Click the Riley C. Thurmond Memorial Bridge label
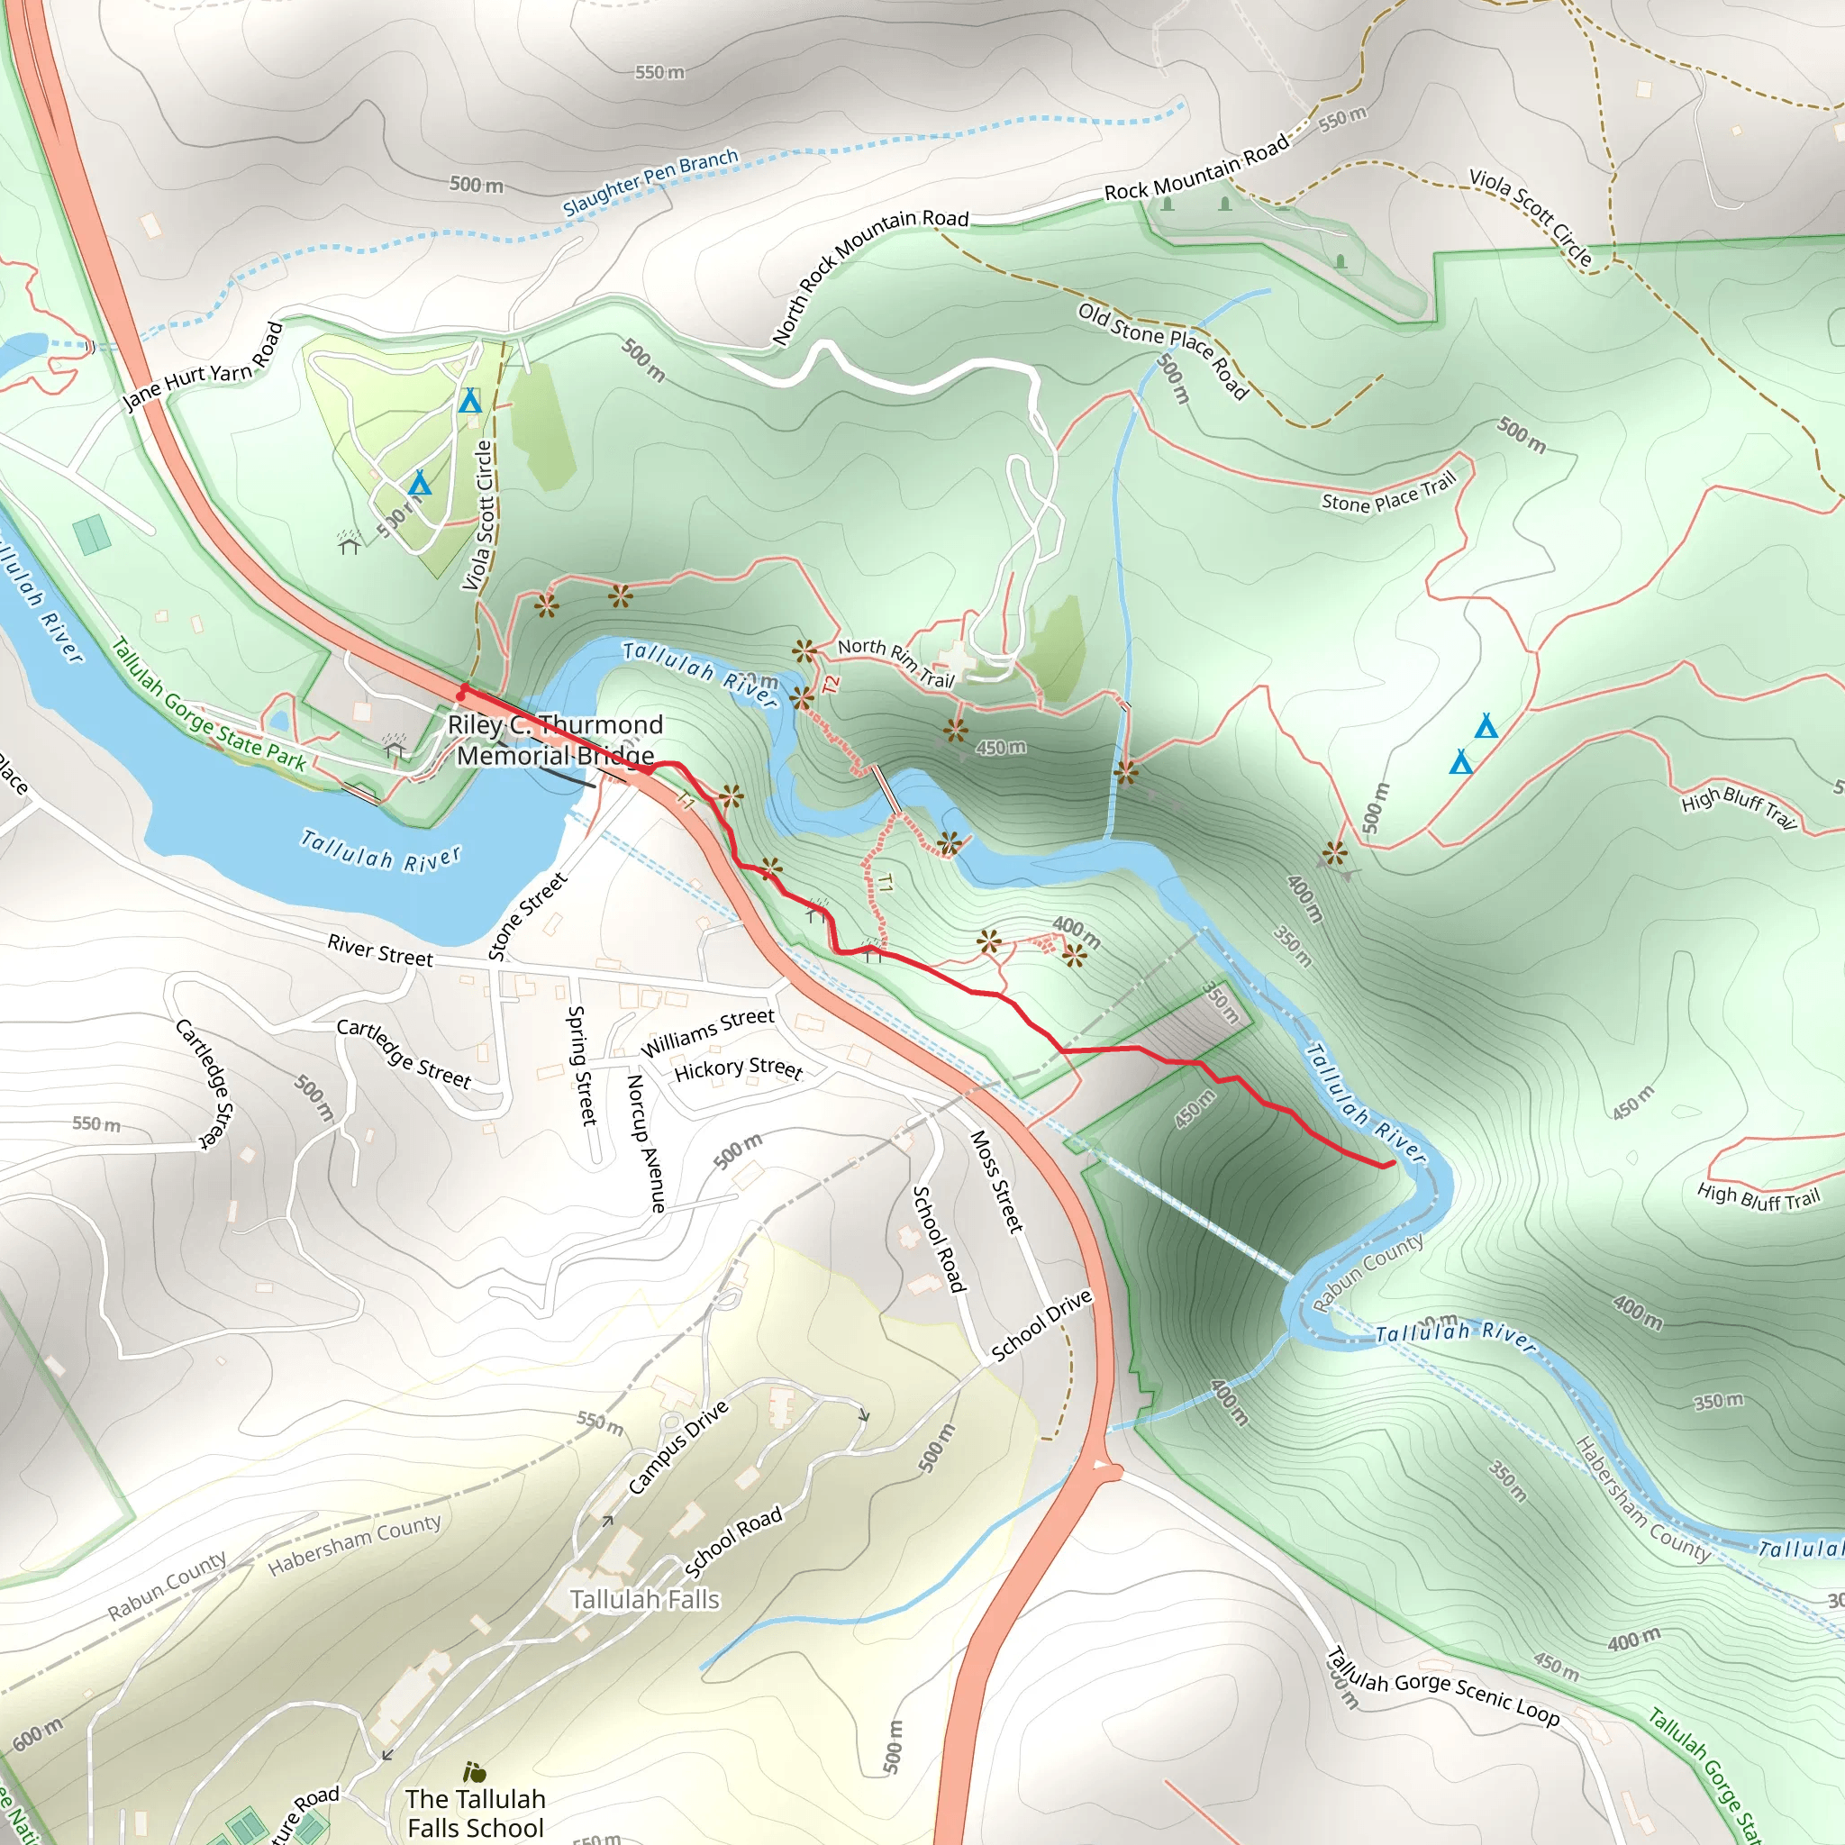point(555,741)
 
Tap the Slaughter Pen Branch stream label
point(650,181)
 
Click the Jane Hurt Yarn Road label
point(204,367)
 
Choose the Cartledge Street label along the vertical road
point(204,1084)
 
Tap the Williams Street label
point(706,1032)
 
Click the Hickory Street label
point(738,1068)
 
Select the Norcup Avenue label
point(645,1143)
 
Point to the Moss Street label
point(997,1181)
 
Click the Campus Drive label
point(679,1447)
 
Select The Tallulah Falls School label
point(476,1813)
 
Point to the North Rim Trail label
point(895,663)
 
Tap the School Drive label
point(1041,1325)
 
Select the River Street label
point(380,950)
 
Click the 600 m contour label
point(38,1733)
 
